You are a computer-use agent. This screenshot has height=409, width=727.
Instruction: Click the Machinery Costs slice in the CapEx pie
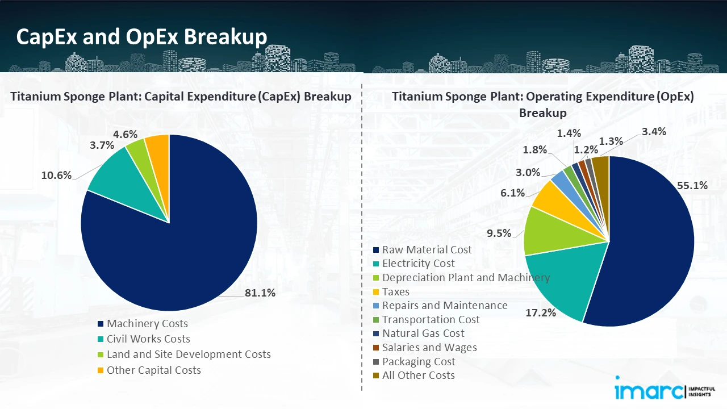click(170, 250)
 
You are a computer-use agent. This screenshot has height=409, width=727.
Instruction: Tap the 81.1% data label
click(260, 293)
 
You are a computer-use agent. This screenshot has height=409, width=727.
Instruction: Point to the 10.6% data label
click(56, 175)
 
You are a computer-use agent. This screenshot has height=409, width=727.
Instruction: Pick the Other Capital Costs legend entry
click(153, 370)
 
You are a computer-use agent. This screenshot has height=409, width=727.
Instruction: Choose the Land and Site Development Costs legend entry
click(189, 354)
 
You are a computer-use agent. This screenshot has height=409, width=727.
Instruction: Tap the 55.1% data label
click(692, 185)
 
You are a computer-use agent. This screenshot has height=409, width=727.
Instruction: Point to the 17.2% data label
click(541, 312)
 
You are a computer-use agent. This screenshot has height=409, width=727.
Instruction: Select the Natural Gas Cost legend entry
click(423, 333)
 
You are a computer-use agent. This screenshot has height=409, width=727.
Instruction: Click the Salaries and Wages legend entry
click(429, 347)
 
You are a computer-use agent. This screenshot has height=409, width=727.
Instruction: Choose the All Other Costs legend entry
click(418, 375)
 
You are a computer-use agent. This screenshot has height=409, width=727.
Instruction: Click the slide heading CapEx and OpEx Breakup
click(141, 37)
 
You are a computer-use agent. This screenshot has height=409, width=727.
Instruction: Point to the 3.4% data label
click(654, 132)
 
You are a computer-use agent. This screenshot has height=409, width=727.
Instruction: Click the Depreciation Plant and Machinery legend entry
click(466, 278)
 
